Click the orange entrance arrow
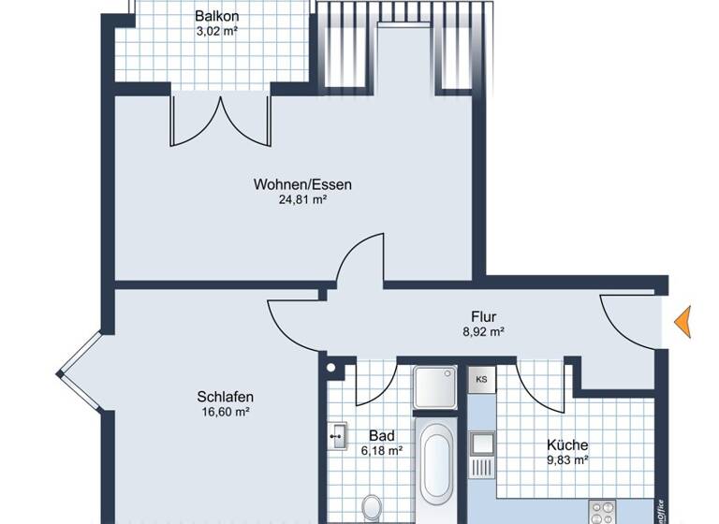(682, 322)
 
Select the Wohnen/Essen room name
(302, 184)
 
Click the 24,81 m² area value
(302, 199)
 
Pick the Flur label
(484, 316)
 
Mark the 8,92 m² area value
(484, 331)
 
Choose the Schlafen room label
(226, 396)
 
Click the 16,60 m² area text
(226, 411)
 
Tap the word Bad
(381, 435)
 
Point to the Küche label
(567, 444)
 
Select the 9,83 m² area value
(567, 459)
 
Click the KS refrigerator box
(481, 380)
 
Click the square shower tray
(435, 387)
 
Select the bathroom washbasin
(338, 435)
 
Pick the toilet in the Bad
(371, 508)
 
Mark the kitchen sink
(482, 443)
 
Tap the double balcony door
(220, 120)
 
